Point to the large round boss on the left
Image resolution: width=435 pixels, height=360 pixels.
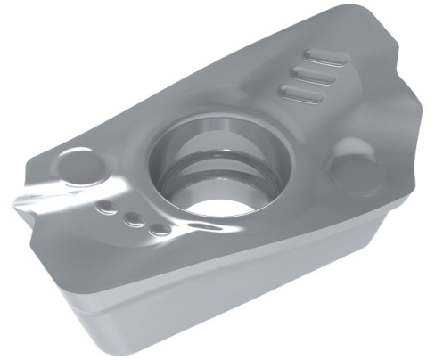pyautogui.click(x=79, y=168)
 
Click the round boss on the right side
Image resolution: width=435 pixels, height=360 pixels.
pyautogui.click(x=353, y=166)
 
